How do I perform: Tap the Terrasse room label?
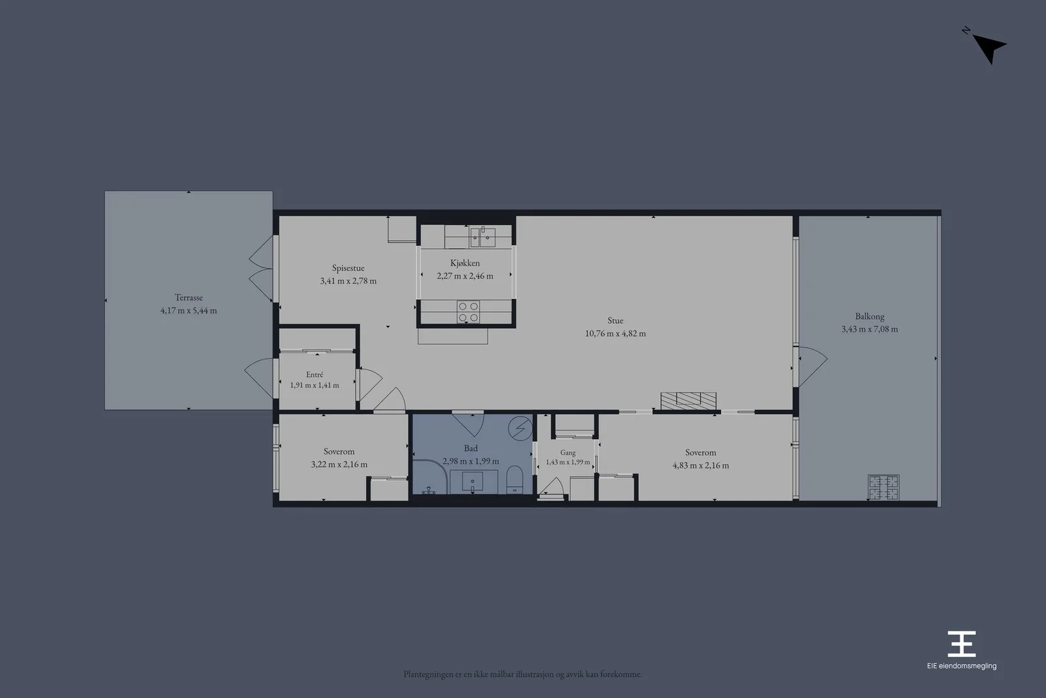click(189, 297)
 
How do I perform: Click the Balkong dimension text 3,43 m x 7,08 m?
click(869, 329)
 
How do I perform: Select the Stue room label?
click(615, 321)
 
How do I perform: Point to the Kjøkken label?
click(465, 263)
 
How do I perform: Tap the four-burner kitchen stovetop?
click(468, 311)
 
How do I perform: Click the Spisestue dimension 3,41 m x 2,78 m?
click(348, 281)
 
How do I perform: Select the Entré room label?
click(314, 374)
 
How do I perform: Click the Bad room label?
click(471, 449)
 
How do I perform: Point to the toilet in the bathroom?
click(515, 480)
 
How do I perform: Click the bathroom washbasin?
click(473, 481)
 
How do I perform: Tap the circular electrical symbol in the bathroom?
click(520, 428)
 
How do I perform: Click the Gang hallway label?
click(568, 453)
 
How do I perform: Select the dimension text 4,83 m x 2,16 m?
click(700, 465)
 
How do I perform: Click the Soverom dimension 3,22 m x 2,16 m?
click(339, 464)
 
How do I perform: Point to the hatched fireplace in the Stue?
click(688, 401)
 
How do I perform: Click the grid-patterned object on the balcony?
click(883, 487)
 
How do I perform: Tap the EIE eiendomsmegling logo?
click(962, 650)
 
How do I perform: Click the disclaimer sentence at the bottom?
click(523, 674)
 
